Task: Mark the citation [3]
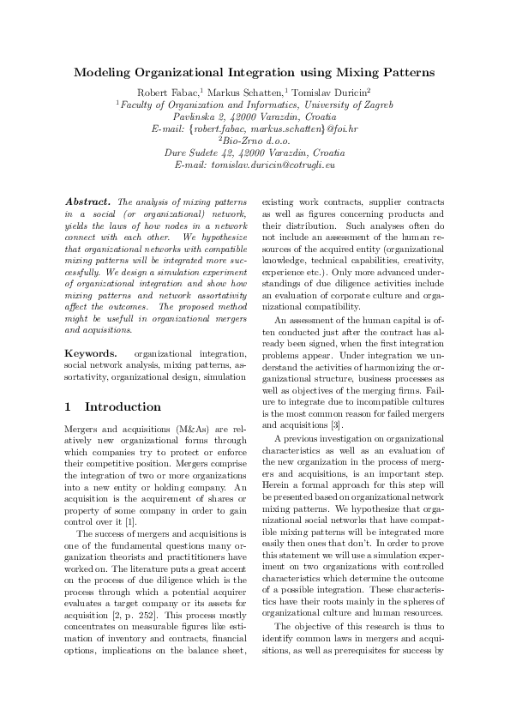339,424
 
